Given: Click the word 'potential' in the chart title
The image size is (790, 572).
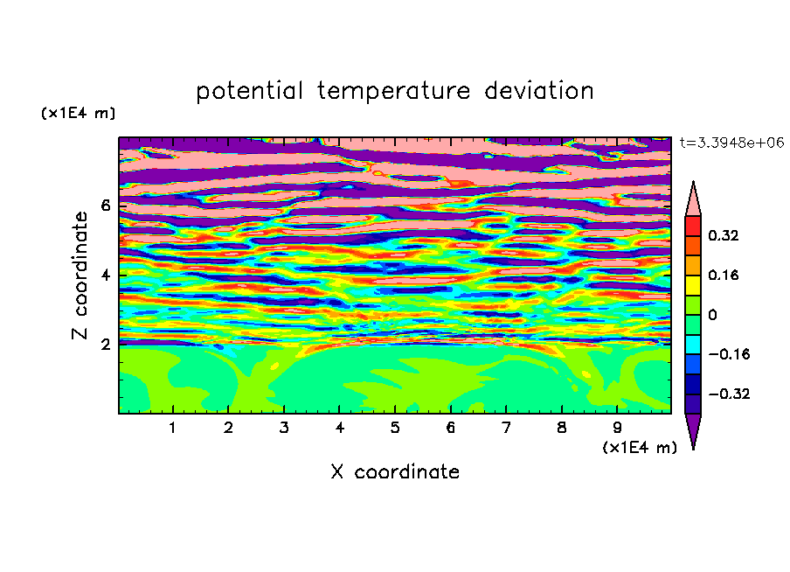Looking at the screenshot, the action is coord(249,92).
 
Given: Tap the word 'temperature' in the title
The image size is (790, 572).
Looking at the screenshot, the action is coord(394,92).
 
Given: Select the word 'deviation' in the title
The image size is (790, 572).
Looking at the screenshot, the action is coord(539,91).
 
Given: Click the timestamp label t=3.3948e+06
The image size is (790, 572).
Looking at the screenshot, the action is coord(732,143).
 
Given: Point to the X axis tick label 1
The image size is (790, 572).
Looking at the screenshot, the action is coord(173,428).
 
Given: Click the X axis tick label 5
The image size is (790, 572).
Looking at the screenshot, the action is coord(395,428).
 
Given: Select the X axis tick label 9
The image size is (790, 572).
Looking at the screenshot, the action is coord(617,428).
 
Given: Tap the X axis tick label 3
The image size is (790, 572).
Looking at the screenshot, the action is coord(284,428).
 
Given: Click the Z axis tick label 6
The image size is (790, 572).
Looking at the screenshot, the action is coord(106,206).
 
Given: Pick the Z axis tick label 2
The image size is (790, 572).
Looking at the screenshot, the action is coord(106,345).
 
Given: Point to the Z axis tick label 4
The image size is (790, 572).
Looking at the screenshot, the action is coord(106,276).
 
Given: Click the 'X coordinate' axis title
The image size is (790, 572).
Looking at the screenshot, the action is coord(395,471).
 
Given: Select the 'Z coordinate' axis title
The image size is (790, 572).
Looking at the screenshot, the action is coord(80,276).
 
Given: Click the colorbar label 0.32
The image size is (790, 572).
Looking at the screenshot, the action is coord(724,235).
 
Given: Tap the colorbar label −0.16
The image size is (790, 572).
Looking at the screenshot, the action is coord(729,354).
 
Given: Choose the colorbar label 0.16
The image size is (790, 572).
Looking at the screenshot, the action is coord(724,275).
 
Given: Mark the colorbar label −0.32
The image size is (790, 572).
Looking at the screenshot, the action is coord(729,394).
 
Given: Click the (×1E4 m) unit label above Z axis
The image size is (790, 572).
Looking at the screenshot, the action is coord(78,113).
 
